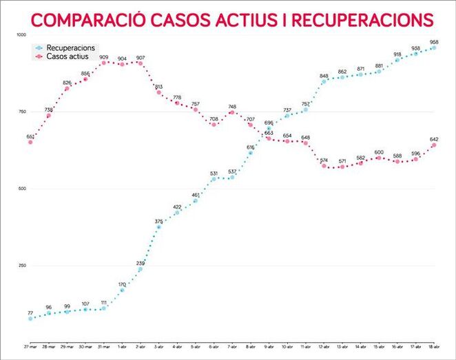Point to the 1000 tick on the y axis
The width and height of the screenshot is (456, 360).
(x=20, y=35)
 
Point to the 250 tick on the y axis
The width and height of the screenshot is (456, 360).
(x=20, y=266)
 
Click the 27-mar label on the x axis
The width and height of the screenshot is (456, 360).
(x=30, y=346)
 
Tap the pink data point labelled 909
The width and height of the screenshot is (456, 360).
(x=103, y=63)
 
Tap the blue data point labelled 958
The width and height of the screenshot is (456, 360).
(x=434, y=47)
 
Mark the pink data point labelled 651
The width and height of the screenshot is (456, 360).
(x=30, y=142)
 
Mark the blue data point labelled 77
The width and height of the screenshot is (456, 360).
(x=30, y=319)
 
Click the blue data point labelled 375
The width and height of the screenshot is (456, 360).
(x=158, y=227)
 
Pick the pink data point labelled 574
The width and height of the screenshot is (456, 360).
(x=324, y=166)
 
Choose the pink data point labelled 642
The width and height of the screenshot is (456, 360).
(x=434, y=145)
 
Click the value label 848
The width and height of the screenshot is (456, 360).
(x=324, y=76)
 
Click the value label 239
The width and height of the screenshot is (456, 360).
(x=141, y=263)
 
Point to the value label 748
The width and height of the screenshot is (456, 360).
(x=232, y=106)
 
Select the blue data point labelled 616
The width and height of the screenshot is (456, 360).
(x=250, y=153)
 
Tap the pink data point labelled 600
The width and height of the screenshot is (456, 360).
(x=379, y=158)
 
